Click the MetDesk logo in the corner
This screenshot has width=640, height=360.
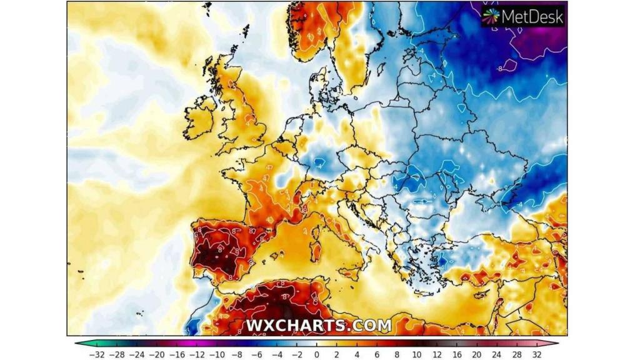coord(524,16)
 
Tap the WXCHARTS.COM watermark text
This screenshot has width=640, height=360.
coord(319,326)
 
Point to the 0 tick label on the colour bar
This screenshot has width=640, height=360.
coord(316,354)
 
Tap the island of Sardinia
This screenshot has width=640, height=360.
coord(316,250)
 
